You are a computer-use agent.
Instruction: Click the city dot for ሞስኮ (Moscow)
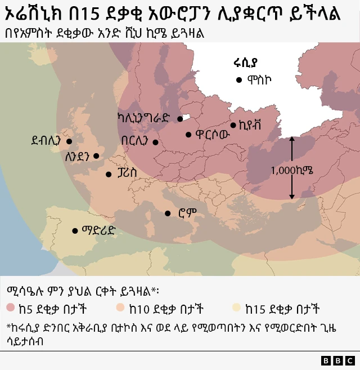coord(240,80)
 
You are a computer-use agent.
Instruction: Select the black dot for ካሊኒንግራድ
coord(180,118)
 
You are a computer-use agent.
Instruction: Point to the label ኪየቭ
coord(250,124)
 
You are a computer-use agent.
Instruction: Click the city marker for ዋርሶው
coord(188,134)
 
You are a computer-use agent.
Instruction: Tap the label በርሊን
coord(135,141)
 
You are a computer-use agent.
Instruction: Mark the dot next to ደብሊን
coord(69,141)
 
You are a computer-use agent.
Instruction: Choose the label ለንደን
coord(78,157)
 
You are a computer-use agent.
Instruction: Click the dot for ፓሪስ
coord(109,175)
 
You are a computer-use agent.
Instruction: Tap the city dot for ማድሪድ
coord(75,230)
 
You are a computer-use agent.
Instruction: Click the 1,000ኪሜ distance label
coord(291,170)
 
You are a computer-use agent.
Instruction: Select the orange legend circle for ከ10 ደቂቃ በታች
coord(121,308)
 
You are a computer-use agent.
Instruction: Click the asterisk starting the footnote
coord(8,326)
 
